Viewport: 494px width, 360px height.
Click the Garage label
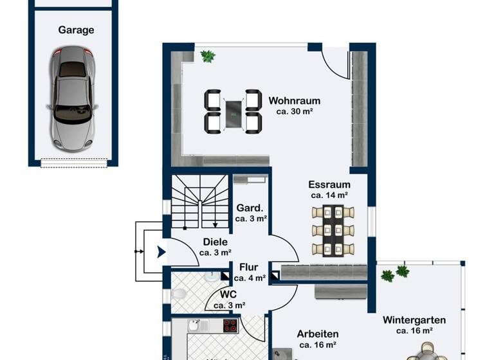[x=76, y=30]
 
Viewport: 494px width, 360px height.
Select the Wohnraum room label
[x=294, y=101]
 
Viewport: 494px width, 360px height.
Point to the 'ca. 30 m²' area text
[x=294, y=111]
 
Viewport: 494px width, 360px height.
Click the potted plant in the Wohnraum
[x=208, y=57]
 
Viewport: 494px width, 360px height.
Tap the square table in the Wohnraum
[x=233, y=112]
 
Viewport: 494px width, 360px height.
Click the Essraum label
[x=329, y=184]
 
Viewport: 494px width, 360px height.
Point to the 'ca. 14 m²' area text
[x=329, y=195]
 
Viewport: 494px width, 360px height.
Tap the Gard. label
[x=248, y=208]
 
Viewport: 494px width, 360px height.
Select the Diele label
[x=215, y=242]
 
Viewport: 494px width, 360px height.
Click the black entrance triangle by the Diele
[x=161, y=252]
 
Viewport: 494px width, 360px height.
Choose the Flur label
[x=248, y=267]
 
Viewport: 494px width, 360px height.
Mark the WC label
[x=228, y=294]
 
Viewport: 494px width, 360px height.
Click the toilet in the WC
[x=180, y=295]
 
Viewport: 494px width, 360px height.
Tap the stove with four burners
[x=231, y=325]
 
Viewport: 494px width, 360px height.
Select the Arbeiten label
[x=317, y=334]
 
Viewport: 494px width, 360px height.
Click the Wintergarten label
[x=414, y=319]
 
